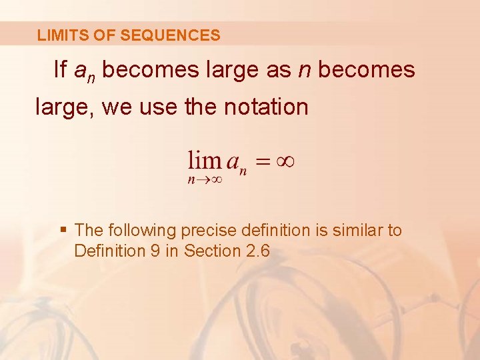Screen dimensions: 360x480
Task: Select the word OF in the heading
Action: point(106,35)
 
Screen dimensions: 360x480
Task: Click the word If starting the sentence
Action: point(60,69)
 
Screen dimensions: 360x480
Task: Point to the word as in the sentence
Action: point(278,69)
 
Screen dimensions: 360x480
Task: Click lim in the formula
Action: point(204,160)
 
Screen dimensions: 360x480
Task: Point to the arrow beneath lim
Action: point(203,179)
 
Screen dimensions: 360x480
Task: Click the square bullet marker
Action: point(63,230)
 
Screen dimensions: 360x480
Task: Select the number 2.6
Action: point(257,251)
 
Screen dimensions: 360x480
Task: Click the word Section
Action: point(212,251)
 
